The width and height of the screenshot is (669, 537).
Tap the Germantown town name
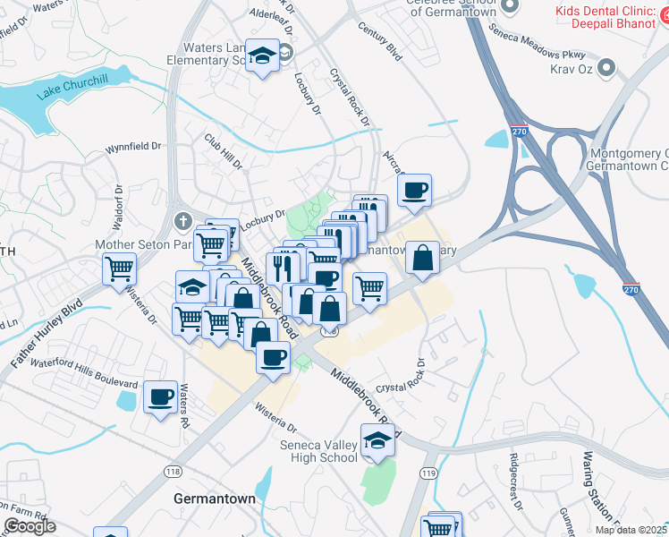pyautogui.click(x=214, y=499)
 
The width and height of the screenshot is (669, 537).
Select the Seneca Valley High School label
pyautogui.click(x=318, y=451)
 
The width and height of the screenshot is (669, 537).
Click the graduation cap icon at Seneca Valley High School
pyautogui.click(x=377, y=441)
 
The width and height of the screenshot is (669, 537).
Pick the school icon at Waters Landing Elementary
pyautogui.click(x=263, y=56)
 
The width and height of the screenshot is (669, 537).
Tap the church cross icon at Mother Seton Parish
pyautogui.click(x=182, y=219)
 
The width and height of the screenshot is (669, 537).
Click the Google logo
pyautogui.click(x=30, y=526)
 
